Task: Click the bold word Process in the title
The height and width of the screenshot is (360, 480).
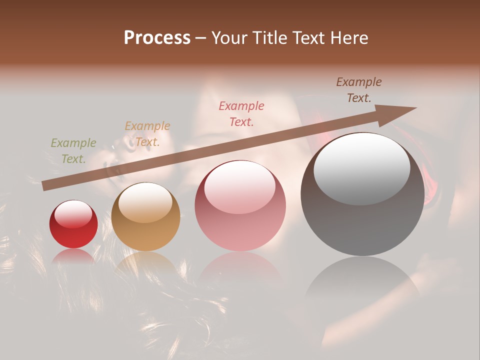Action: (x=157, y=38)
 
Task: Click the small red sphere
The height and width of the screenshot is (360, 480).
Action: (x=73, y=224)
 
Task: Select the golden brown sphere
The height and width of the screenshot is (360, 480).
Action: (x=145, y=217)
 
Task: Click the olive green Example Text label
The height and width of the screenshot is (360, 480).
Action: (x=73, y=151)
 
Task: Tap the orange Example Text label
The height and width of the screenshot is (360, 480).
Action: (x=147, y=134)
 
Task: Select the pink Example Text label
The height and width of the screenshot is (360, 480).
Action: (x=241, y=113)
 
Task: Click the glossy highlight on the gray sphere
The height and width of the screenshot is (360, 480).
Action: (x=362, y=167)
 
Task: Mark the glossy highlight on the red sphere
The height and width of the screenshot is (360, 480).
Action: (x=73, y=214)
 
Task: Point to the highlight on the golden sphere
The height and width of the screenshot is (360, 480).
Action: (x=145, y=202)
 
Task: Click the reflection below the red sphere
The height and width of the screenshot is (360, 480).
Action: (x=73, y=256)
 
